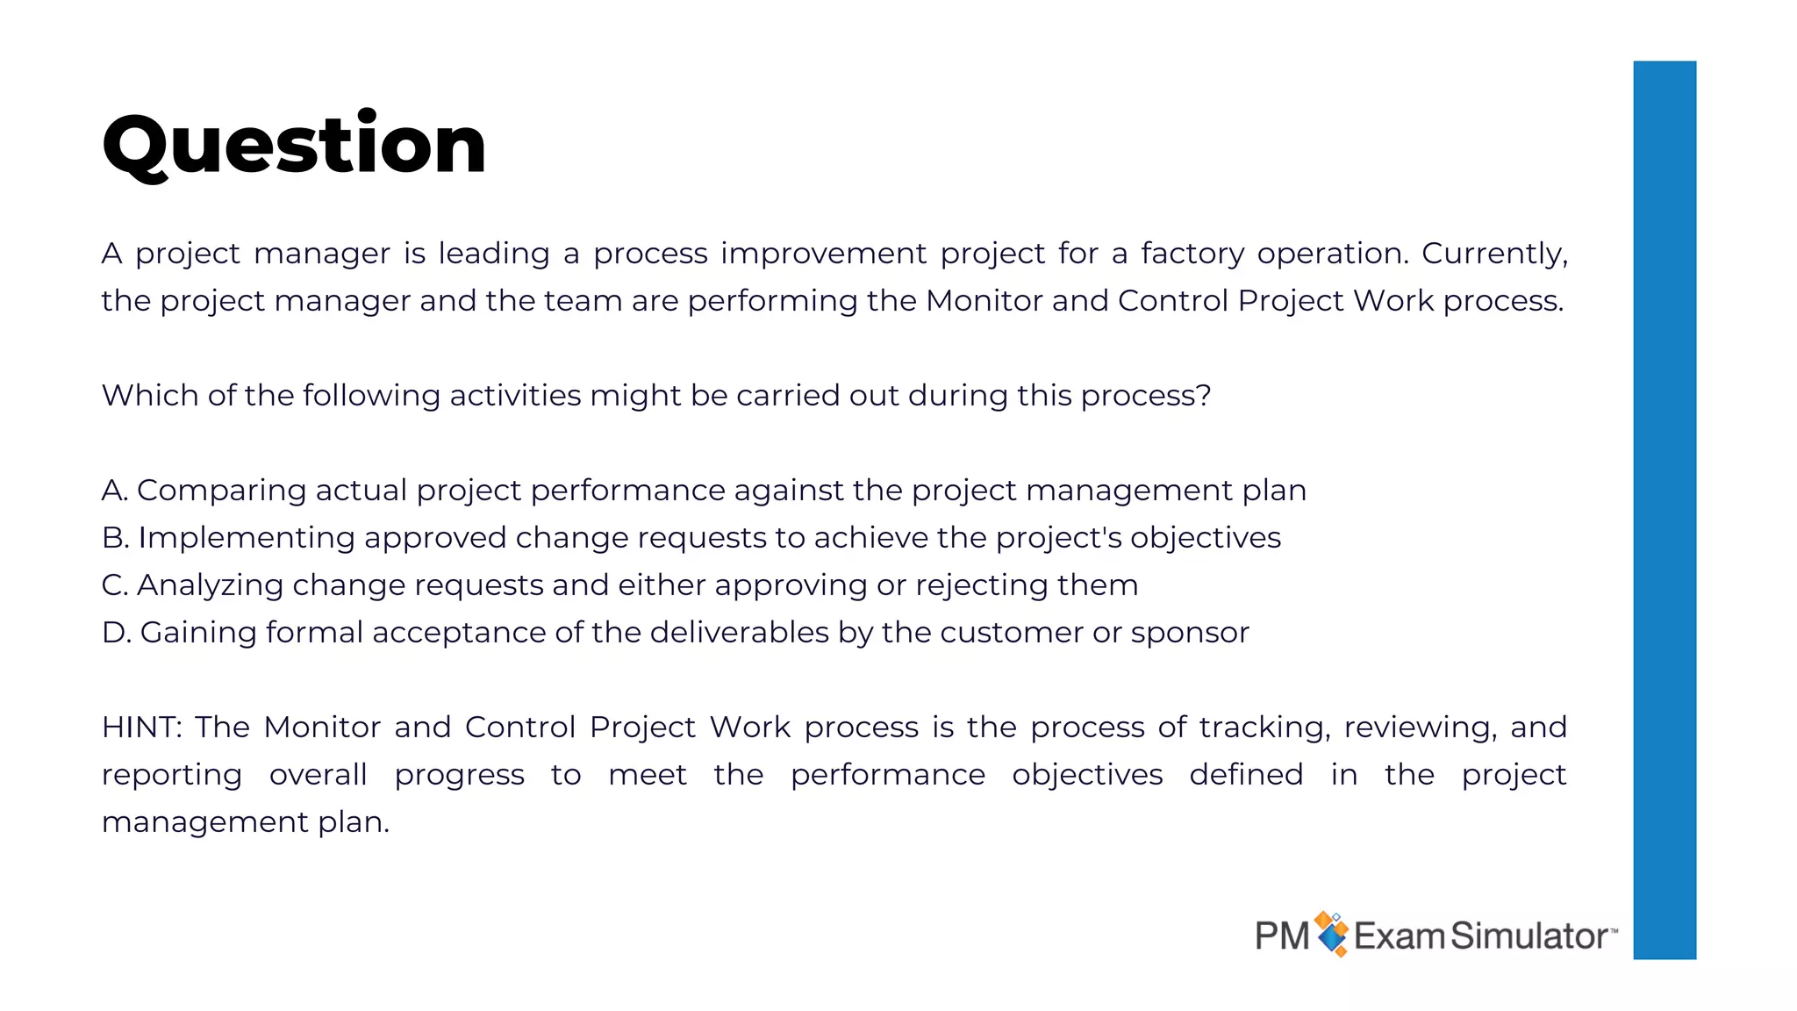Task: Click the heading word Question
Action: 294,145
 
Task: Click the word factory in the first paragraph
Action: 1192,254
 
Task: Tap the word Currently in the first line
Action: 1492,254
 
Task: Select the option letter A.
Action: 113,491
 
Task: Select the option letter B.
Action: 114,538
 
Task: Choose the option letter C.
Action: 114,585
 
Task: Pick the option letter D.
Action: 115,633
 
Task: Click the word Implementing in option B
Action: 247,538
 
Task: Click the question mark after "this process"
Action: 1204,396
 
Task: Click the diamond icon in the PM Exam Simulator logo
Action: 1332,934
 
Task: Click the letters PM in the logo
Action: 1282,936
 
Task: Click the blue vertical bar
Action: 1664,509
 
